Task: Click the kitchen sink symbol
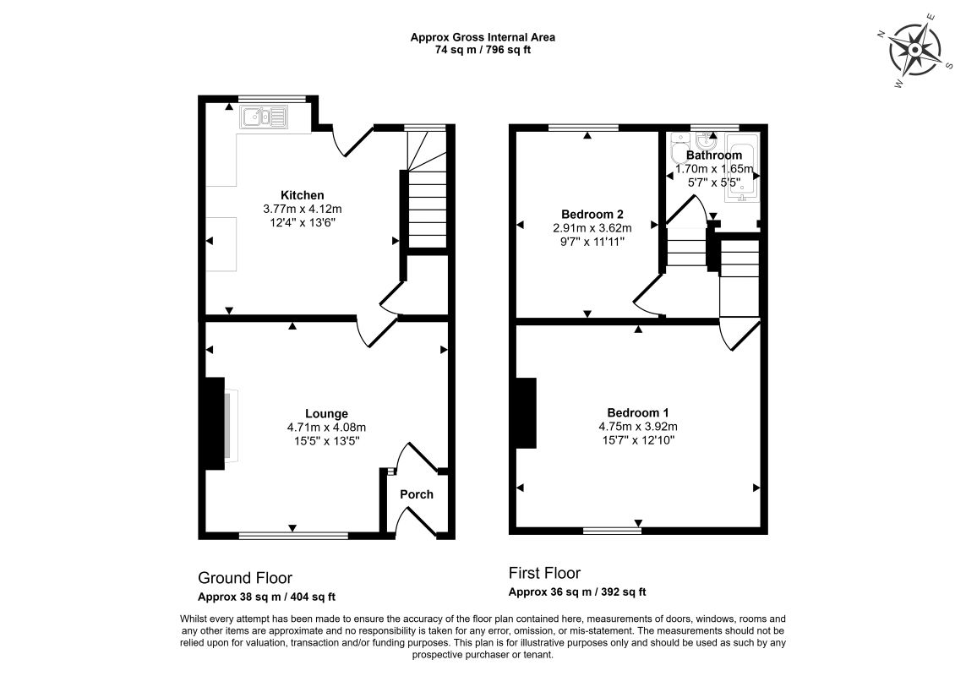tap(265, 117)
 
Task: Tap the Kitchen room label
tap(303, 195)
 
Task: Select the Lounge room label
tap(326, 414)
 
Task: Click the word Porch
tap(417, 494)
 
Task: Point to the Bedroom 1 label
tap(637, 413)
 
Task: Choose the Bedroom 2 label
tap(592, 215)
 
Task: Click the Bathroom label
tap(714, 155)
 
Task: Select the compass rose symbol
tap(915, 50)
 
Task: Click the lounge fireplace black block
tap(215, 424)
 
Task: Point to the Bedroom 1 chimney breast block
tap(527, 413)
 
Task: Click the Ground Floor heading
tap(244, 578)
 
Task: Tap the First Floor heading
tap(544, 574)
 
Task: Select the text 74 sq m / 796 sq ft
tap(483, 51)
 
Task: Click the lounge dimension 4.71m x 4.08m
tap(326, 427)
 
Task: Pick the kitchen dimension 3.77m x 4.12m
tap(303, 209)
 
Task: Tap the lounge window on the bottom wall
tap(293, 536)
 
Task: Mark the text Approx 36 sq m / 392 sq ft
tap(577, 592)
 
